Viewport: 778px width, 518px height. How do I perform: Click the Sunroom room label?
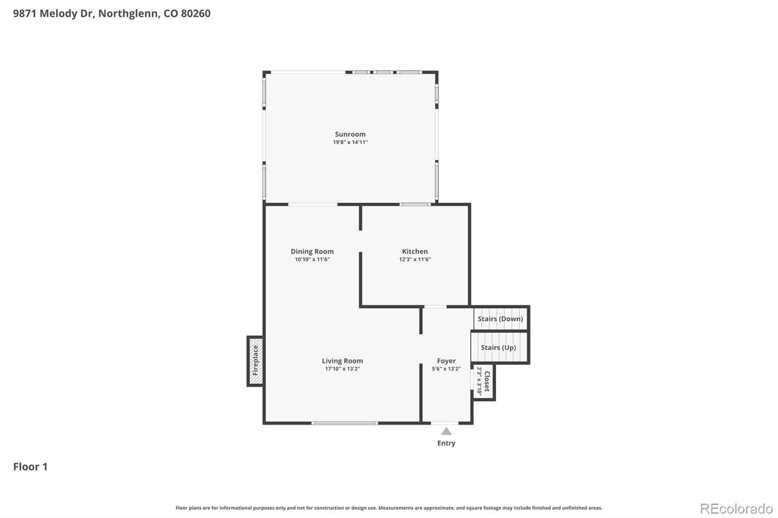point(350,134)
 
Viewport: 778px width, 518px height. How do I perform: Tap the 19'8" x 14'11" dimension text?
point(350,142)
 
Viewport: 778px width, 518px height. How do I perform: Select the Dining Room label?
point(312,251)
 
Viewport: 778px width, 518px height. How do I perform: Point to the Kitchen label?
point(415,251)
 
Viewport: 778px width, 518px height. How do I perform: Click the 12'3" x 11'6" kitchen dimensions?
point(415,259)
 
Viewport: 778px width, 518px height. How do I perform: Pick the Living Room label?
point(342,361)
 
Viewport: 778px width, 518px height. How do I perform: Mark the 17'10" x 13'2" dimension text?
point(342,369)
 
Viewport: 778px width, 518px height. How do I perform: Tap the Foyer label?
point(446,361)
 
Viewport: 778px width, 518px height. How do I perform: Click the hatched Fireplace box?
point(255,361)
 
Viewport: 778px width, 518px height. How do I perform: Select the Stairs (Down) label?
point(500,319)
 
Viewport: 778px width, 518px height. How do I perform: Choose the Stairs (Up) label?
point(498,347)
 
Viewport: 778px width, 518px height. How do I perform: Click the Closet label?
point(487,381)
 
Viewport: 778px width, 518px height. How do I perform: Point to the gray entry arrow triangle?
point(446,431)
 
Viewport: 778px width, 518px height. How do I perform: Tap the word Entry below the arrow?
point(446,443)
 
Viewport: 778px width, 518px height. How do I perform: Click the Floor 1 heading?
point(30,466)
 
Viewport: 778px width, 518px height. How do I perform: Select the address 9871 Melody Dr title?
point(111,14)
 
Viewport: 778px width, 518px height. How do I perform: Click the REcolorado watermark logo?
point(736,509)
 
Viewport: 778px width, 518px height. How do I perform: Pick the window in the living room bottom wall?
point(344,423)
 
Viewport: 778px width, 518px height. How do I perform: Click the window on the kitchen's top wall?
point(415,204)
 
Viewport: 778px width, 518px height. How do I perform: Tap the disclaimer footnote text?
point(389,508)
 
